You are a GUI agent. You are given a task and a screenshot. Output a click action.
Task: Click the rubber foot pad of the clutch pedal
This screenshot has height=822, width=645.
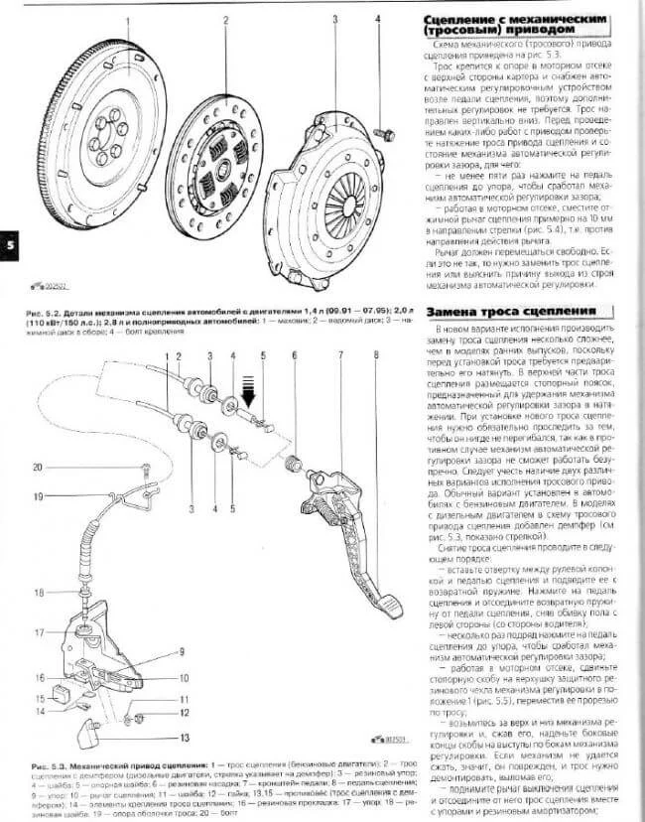click(388, 603)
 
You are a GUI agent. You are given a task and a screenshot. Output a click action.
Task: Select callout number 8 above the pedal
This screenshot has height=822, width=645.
click(377, 354)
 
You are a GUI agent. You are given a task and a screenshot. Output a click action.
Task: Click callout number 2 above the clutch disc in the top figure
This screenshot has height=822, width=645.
click(226, 19)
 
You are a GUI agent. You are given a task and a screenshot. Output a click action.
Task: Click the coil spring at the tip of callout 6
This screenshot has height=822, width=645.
click(293, 463)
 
